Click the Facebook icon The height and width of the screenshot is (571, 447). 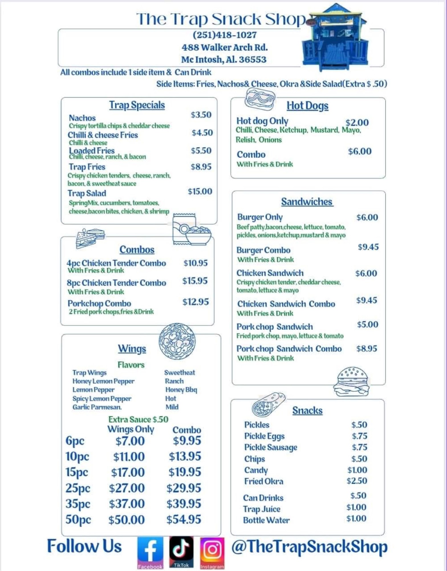coord(150,553)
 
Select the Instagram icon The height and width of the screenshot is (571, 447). coord(212,553)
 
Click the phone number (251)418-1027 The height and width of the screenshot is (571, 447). coord(225,35)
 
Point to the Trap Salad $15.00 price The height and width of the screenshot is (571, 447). coord(200,191)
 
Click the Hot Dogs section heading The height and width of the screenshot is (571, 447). coord(307,106)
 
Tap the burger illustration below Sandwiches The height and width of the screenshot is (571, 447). coord(351,382)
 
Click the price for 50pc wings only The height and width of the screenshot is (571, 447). coord(126,520)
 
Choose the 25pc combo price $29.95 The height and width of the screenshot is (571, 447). coord(184,488)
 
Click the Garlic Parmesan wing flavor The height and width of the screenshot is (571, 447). coord(97,407)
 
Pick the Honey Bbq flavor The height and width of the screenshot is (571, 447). coord(181,390)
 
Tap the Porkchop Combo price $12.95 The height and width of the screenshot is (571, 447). coord(196,302)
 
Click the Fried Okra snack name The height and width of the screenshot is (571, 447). coord(264,481)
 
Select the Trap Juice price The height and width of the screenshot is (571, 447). coord(356,507)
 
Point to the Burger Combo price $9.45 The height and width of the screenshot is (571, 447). coord(368,247)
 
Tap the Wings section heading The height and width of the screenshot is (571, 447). coord(132,349)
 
